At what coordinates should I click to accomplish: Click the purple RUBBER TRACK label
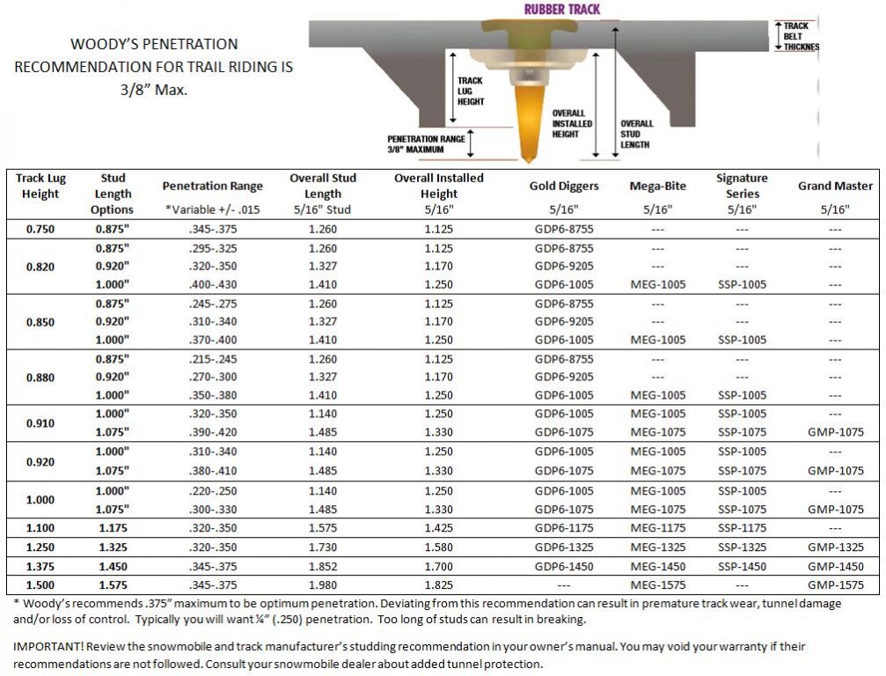[563, 10]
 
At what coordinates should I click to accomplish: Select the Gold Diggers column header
[564, 186]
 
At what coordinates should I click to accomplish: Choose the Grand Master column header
[835, 186]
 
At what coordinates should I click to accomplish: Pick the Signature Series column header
[742, 185]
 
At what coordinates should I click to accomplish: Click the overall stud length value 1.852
[323, 567]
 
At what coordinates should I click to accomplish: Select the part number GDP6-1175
[564, 528]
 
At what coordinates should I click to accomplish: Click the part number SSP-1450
[742, 567]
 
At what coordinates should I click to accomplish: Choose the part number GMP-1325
[835, 547]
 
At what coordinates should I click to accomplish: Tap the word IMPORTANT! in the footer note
[43, 646]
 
